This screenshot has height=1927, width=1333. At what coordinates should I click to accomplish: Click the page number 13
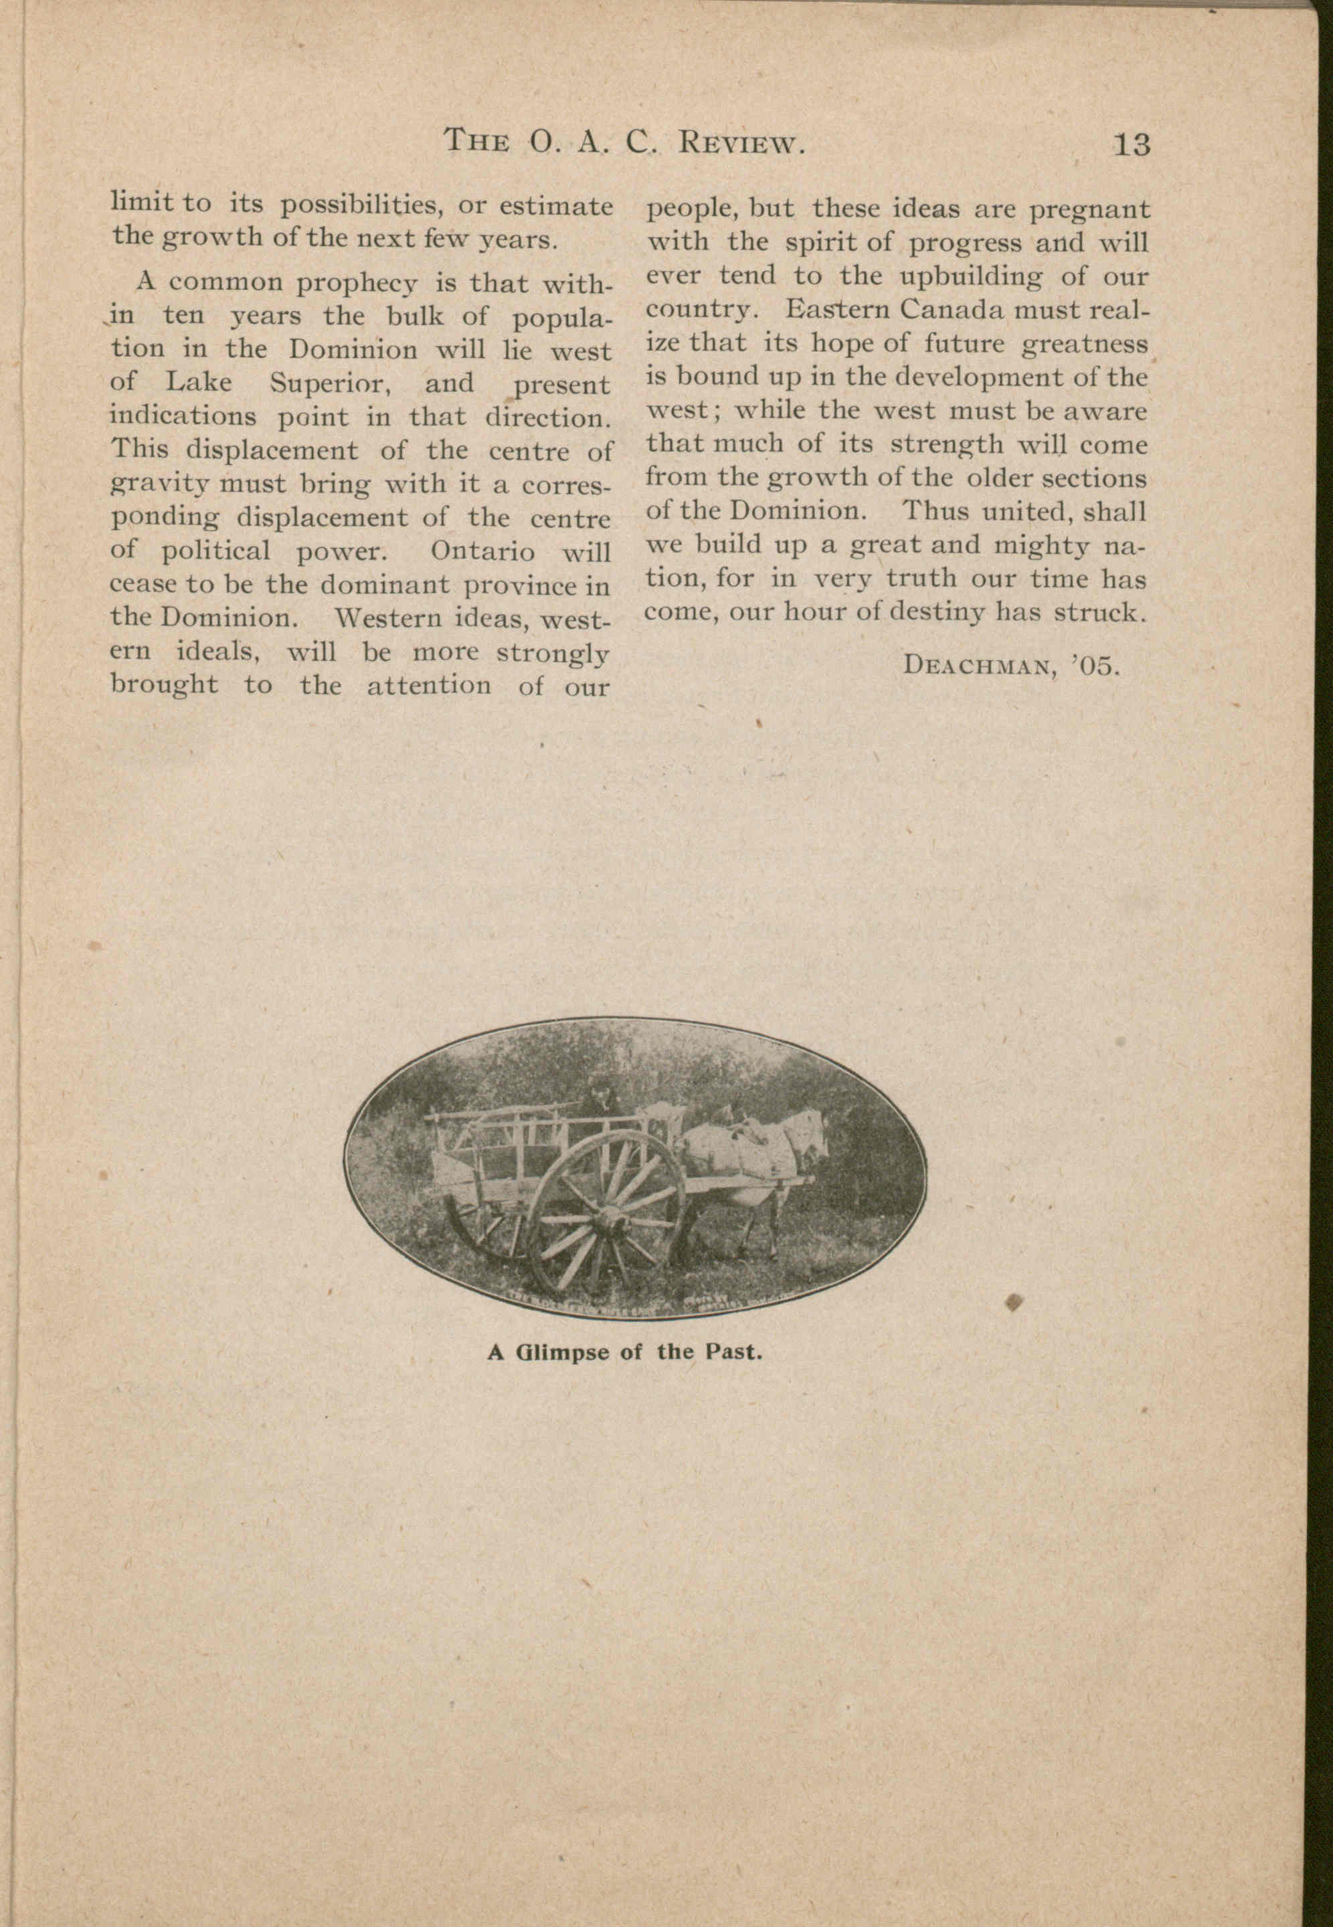(x=1132, y=145)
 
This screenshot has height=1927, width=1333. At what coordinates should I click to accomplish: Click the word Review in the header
(x=741, y=143)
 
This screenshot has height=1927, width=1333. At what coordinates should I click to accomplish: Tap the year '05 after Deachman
(x=1094, y=666)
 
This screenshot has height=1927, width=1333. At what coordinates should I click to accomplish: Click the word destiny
(x=939, y=613)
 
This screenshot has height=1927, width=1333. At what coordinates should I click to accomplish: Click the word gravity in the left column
(x=165, y=484)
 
